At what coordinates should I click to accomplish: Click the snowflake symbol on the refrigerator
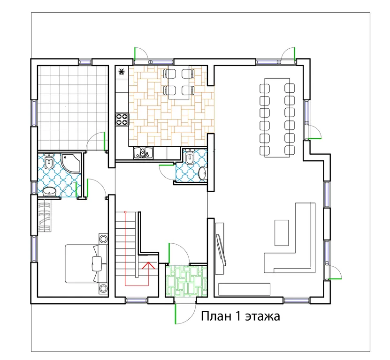coord(122,72)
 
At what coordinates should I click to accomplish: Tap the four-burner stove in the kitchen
coord(122,119)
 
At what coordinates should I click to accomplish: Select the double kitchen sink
coord(143,152)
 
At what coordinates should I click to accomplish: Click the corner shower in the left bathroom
coord(71,163)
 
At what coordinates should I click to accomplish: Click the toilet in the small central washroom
coord(190,157)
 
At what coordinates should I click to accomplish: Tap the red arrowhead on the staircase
coord(148,265)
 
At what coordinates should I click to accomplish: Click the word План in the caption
coord(215,316)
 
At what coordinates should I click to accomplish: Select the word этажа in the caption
coord(263,317)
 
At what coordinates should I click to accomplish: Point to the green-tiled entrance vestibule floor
coord(186,281)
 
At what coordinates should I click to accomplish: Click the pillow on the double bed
coord(97,263)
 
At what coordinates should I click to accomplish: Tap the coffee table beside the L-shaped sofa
coord(282,233)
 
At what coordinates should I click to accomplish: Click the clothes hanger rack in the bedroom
coord(45,217)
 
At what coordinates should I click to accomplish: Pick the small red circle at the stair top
coord(125,212)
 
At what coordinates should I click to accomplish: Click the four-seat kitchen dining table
coord(179,82)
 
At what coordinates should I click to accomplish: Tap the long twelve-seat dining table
coord(277,118)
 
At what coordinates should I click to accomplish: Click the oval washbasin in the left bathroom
coord(49,192)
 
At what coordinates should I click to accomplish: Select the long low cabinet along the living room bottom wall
coord(245,289)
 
